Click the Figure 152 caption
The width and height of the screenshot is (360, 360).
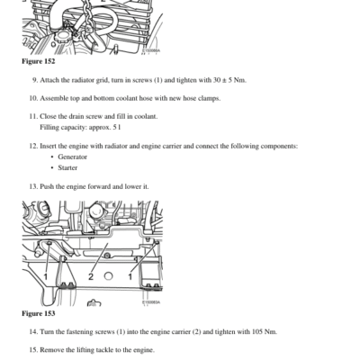(39, 61)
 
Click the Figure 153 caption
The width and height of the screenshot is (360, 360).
(39, 313)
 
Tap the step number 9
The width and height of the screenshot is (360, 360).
(35, 80)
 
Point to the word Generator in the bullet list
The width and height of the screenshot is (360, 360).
(72, 157)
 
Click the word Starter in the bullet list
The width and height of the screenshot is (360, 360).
(67, 167)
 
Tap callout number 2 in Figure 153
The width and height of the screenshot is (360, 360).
(91, 276)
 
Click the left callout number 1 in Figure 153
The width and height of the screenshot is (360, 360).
(46, 276)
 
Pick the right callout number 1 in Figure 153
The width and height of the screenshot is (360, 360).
(130, 276)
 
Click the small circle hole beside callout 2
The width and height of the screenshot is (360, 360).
(108, 276)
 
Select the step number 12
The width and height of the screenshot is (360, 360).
(33, 147)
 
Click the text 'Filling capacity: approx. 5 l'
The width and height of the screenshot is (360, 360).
(80, 128)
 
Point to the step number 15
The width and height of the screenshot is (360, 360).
(33, 350)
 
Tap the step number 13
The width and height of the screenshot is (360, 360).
(33, 186)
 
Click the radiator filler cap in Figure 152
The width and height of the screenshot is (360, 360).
(62, 37)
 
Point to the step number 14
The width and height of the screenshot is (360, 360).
(33, 332)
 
